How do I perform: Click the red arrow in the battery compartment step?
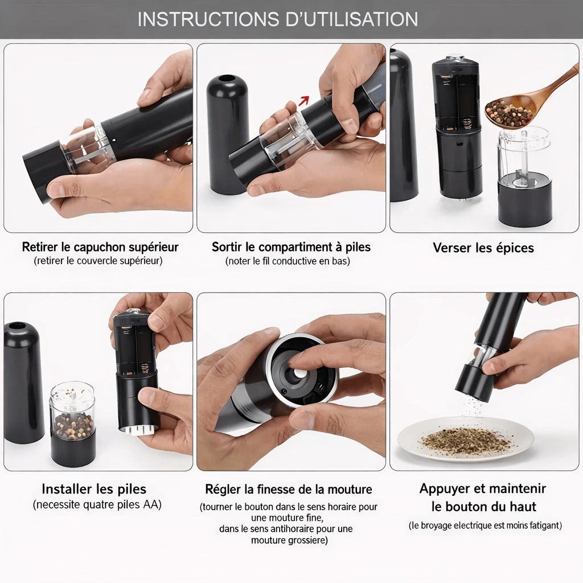pyautogui.click(x=304, y=100)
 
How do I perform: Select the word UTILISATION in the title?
pyautogui.click(x=351, y=19)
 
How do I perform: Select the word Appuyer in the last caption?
pyautogui.click(x=441, y=489)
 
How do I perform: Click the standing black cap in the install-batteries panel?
pyautogui.click(x=22, y=383)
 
